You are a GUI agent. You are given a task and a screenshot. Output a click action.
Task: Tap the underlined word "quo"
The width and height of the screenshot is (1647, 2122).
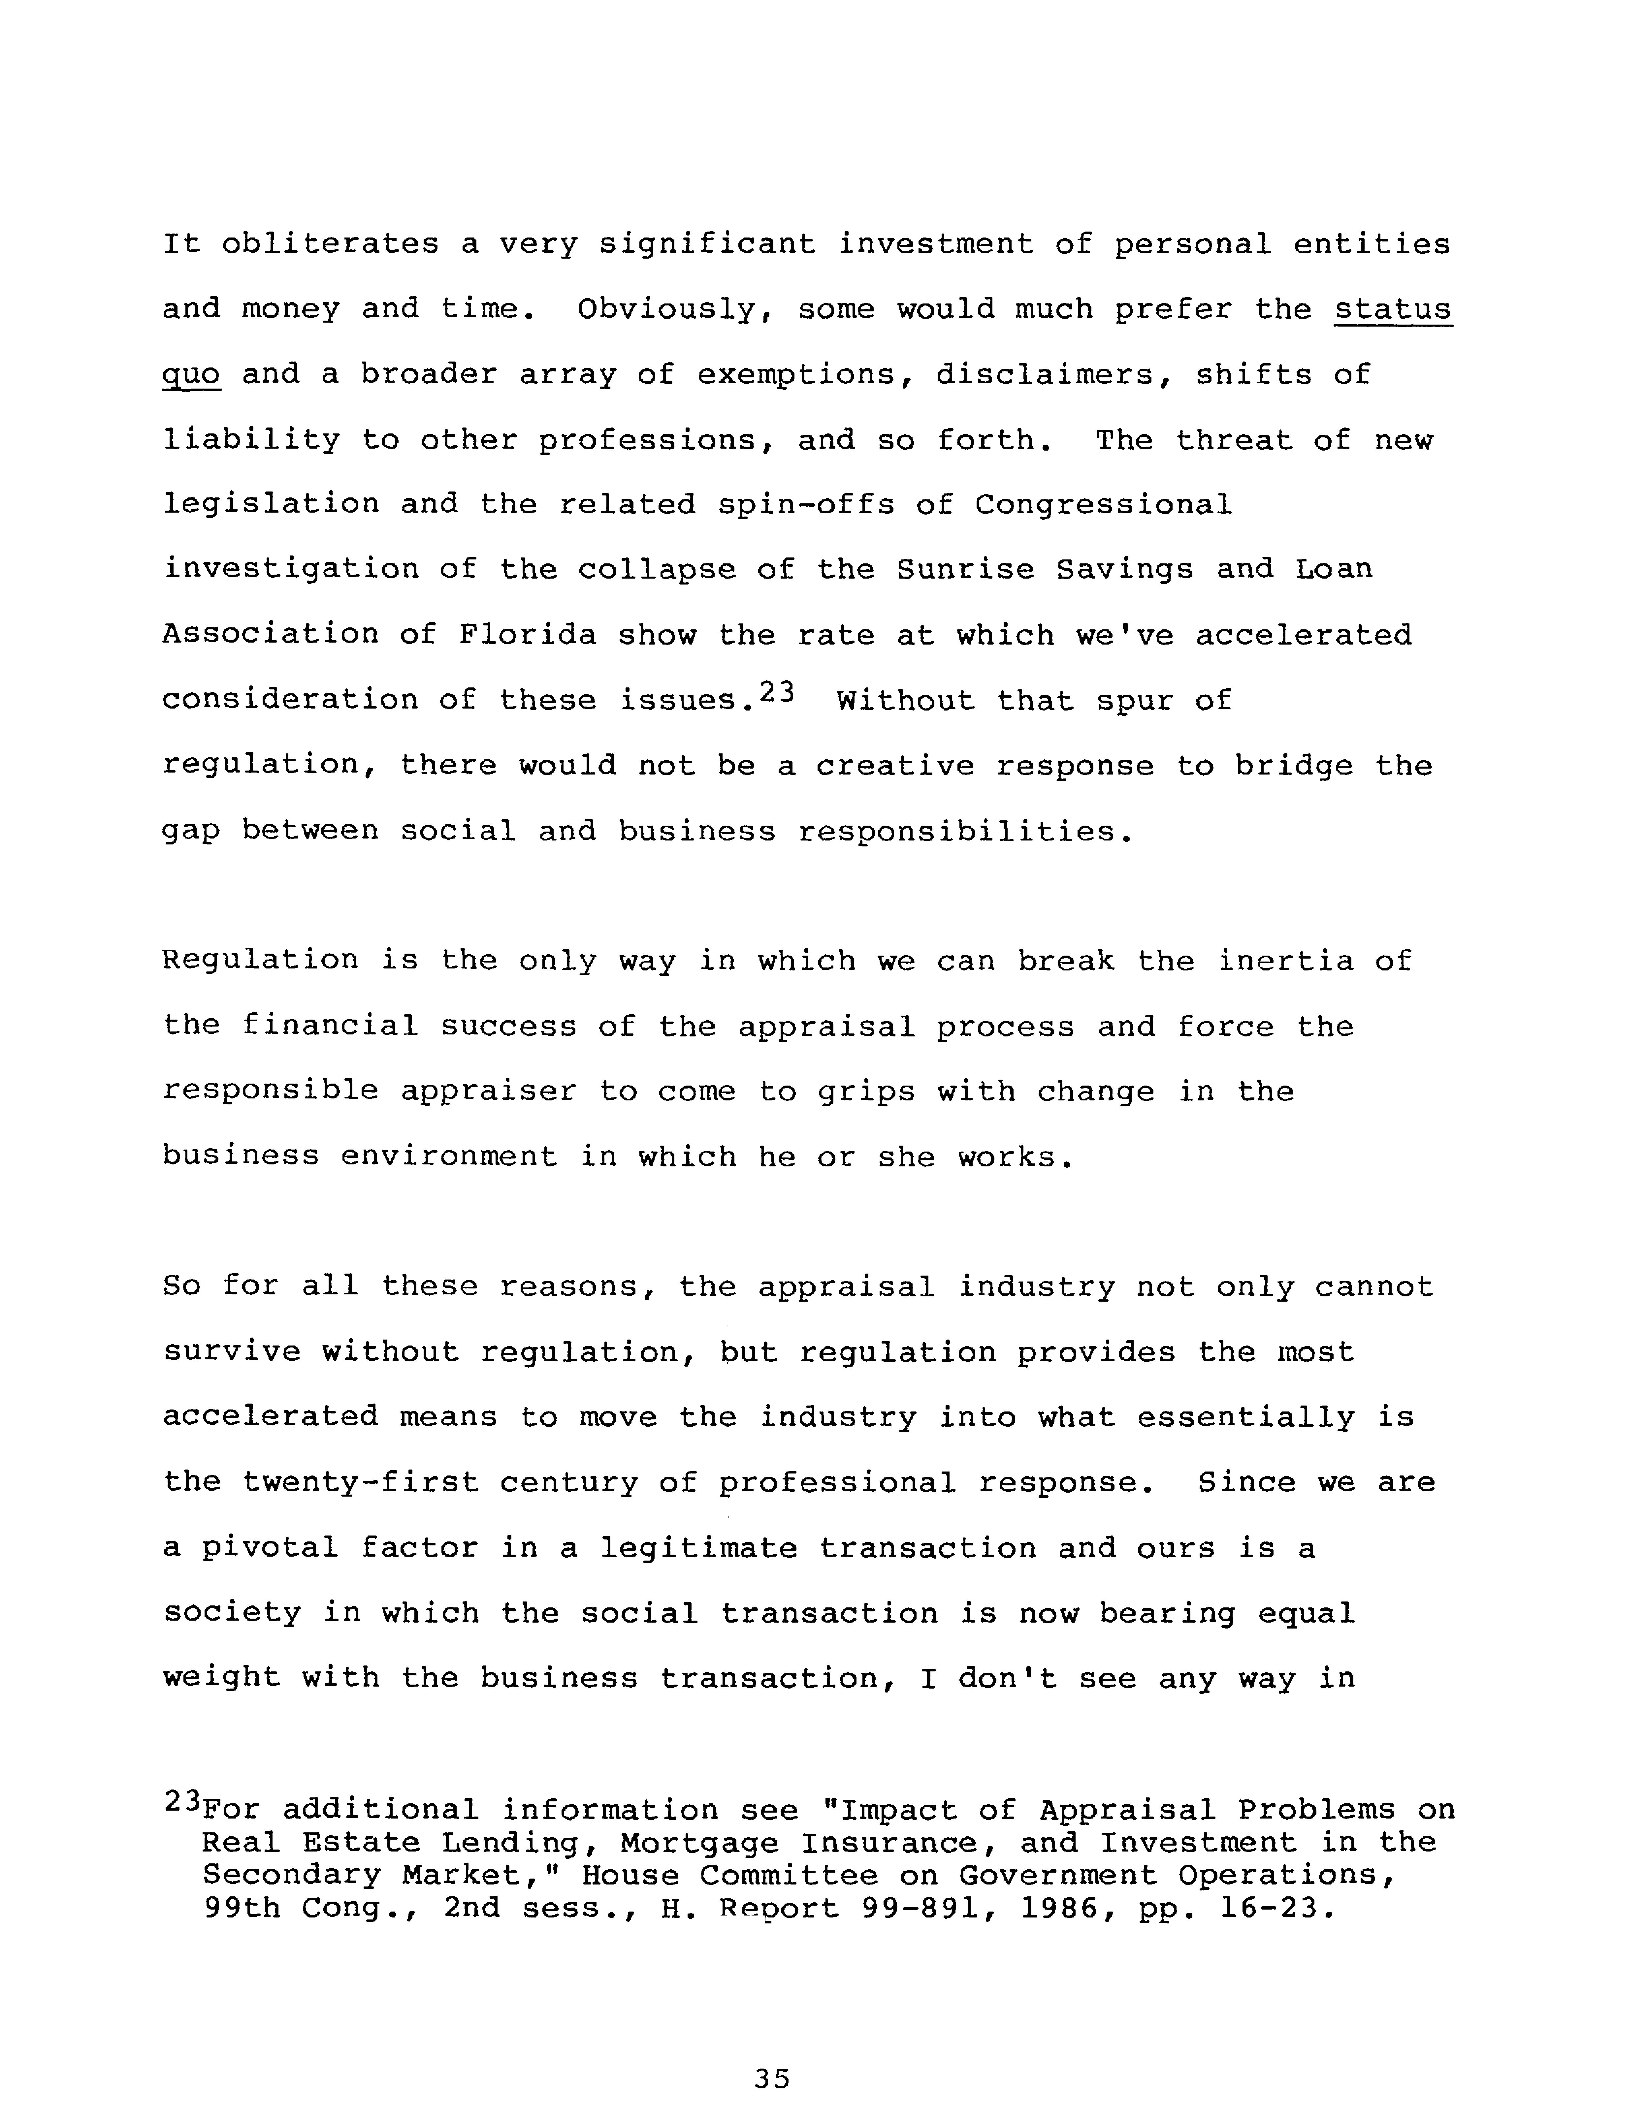[x=191, y=375]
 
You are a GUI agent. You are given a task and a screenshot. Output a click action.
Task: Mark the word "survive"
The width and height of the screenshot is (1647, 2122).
[x=231, y=1352]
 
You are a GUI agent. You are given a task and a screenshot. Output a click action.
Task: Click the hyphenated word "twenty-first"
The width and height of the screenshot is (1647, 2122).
[x=361, y=1483]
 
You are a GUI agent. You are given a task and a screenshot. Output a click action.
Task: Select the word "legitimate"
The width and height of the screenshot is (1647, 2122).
[x=699, y=1548]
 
